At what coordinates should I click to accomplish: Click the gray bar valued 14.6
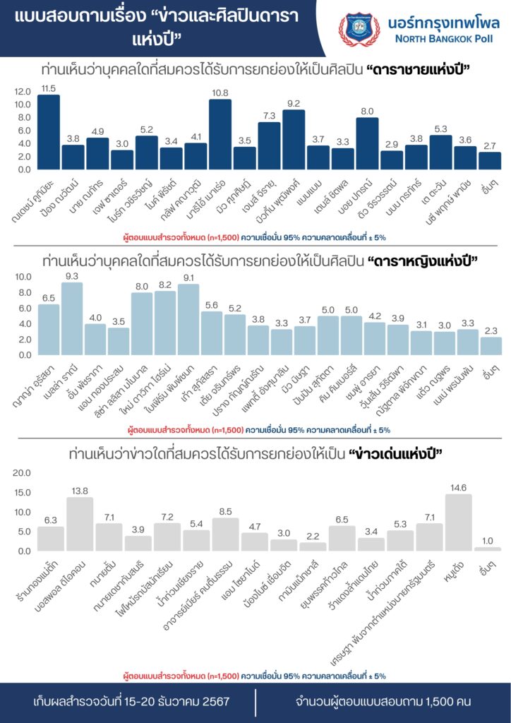(x=458, y=522)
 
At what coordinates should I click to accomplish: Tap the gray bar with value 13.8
(x=80, y=524)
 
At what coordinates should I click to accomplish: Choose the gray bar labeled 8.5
(x=225, y=534)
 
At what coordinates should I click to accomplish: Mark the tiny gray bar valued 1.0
(x=487, y=549)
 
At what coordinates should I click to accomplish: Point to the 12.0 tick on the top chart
(x=22, y=91)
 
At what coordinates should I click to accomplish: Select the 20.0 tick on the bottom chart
(x=22, y=472)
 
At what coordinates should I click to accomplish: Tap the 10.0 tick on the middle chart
(x=22, y=276)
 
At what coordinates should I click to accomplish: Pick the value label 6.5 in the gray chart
(x=342, y=519)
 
